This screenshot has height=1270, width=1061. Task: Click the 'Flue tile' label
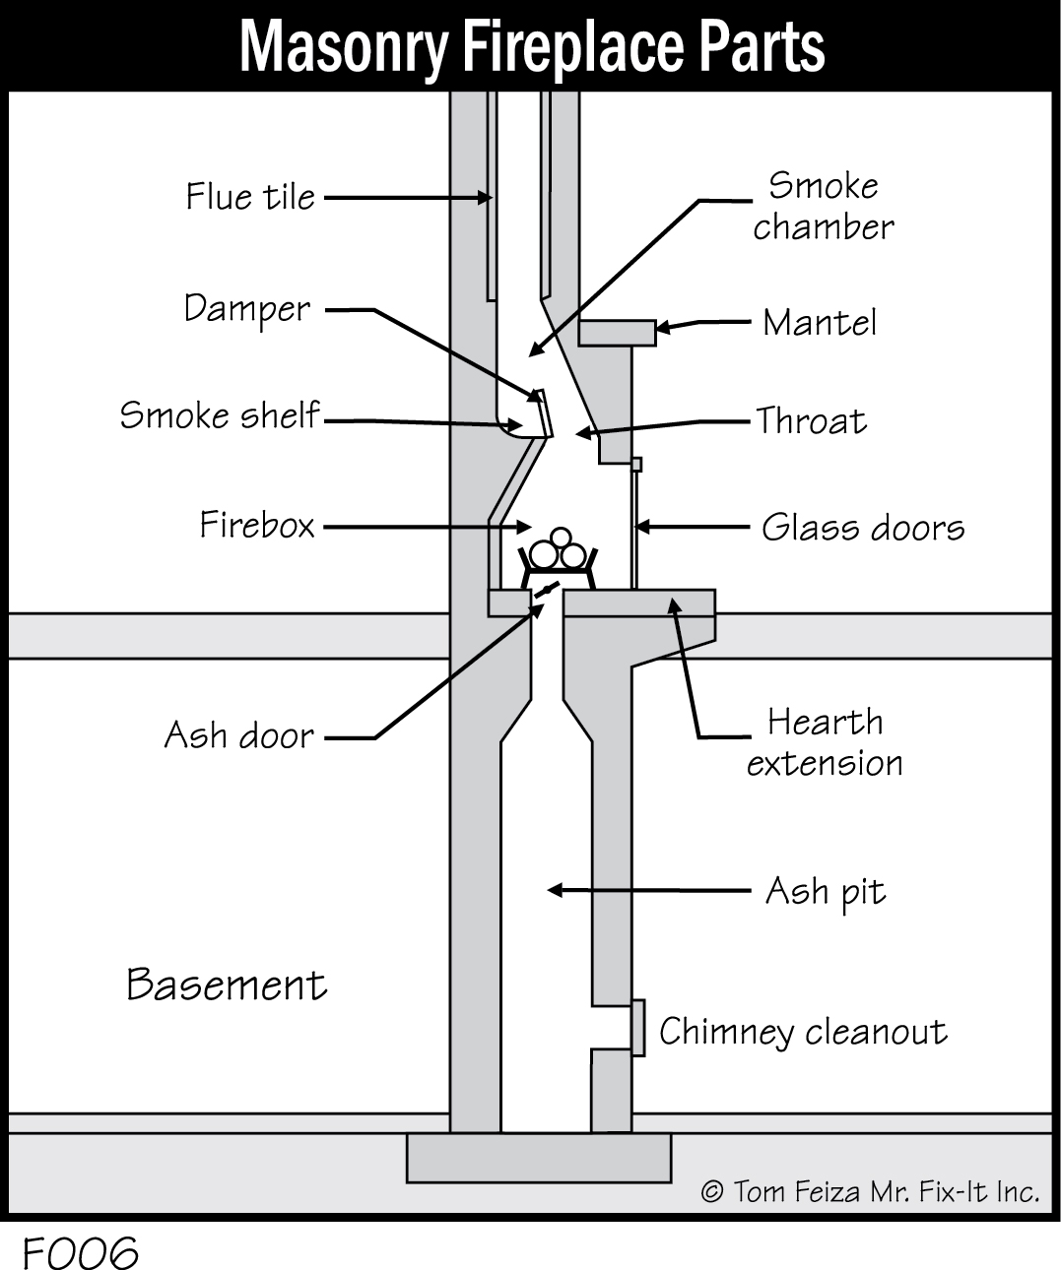250,197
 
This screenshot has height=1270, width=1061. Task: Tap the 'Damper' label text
247,309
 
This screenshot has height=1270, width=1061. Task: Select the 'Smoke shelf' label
220,415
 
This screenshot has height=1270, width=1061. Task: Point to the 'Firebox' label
257,525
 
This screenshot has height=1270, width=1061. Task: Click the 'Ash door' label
238,735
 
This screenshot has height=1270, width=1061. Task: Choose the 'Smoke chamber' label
824,207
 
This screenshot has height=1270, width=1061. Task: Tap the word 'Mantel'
820,323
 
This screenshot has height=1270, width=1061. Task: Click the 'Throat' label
812,421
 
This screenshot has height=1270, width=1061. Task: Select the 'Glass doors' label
863,528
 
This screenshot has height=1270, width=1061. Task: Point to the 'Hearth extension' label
825,742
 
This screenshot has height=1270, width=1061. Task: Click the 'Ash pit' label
826,892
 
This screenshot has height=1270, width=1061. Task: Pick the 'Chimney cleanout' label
803,1032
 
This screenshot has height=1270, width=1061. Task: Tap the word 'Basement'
227,984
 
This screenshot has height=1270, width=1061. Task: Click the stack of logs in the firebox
559,550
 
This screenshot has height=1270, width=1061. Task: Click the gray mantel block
617,333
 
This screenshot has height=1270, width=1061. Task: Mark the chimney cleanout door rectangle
638,1027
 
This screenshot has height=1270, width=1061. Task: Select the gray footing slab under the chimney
538,1157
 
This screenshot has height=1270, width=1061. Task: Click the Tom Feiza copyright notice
870,1192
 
